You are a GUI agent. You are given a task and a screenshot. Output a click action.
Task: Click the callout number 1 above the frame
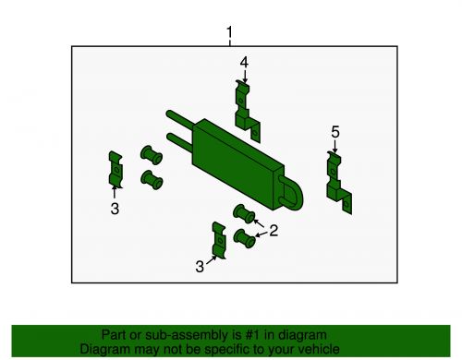point(229,32)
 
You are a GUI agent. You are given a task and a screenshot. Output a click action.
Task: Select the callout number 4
point(244,63)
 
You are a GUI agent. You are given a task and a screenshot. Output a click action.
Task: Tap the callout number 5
point(335,132)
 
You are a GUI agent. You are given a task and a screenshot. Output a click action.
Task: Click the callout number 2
point(274,231)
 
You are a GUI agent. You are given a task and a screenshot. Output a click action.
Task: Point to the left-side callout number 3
point(115,209)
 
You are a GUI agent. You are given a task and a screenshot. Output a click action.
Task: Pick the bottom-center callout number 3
point(200,267)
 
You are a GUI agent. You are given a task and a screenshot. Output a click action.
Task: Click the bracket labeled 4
point(248,112)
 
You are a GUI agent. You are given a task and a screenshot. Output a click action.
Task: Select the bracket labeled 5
point(339,183)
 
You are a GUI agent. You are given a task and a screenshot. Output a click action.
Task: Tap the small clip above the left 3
point(115,170)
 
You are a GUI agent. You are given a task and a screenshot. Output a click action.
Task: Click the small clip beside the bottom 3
point(219,240)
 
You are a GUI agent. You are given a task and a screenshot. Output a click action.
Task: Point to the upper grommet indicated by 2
point(244,213)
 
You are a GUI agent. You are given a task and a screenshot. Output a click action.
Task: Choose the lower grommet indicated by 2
point(245,238)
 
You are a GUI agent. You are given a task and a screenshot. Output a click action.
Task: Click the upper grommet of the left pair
point(152,155)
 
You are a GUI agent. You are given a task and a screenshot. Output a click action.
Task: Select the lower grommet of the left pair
point(152,180)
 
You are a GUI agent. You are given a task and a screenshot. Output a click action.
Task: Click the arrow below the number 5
point(334,146)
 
